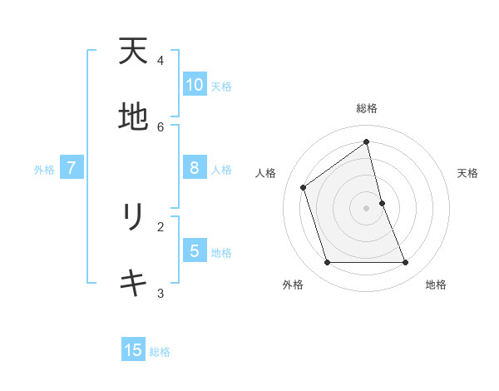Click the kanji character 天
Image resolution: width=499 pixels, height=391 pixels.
pos(133,52)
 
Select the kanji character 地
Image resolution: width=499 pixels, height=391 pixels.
pos(133,117)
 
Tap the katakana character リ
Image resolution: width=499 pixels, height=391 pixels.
pos(133,217)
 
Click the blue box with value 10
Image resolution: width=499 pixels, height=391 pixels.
pos(195,85)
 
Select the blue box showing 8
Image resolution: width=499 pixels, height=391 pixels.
pos(195,168)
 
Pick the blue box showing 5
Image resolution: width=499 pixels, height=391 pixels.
pos(195,250)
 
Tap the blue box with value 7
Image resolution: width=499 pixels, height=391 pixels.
pos(72,168)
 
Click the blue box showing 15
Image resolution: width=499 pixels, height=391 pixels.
pos(133,350)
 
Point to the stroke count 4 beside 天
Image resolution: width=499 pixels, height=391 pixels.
pos(161,61)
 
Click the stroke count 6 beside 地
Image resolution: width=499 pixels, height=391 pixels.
pos(161,126)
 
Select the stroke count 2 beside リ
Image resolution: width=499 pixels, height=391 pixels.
pos(161,226)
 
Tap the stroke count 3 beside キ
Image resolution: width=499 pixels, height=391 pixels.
pos(161,293)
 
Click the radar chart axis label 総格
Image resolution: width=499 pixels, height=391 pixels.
pos(367,108)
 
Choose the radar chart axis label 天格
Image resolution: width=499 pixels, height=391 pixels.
pos(467,173)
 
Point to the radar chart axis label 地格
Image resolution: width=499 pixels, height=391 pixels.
pos(436,285)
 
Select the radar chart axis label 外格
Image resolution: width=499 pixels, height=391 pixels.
pos(293,285)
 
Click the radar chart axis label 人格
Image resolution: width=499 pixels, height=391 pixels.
pos(266,173)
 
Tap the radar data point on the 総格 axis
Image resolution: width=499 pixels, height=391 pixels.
pos(367,141)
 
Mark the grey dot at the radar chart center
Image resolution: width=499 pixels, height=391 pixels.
pos(367,208)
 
